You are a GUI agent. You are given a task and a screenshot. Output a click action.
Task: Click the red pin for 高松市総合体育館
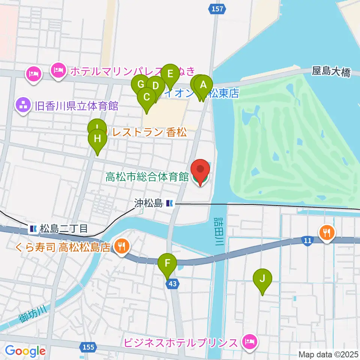tap(201, 171)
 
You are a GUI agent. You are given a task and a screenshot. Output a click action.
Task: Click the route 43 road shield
tap(172, 284)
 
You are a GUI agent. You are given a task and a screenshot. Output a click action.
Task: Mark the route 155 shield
tap(88, 347)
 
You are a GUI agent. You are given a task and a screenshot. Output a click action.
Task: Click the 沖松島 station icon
tap(170, 204)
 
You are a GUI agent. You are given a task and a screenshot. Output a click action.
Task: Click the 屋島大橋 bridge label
tap(331, 72)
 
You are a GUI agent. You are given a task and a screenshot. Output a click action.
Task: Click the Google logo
tap(25, 351)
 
